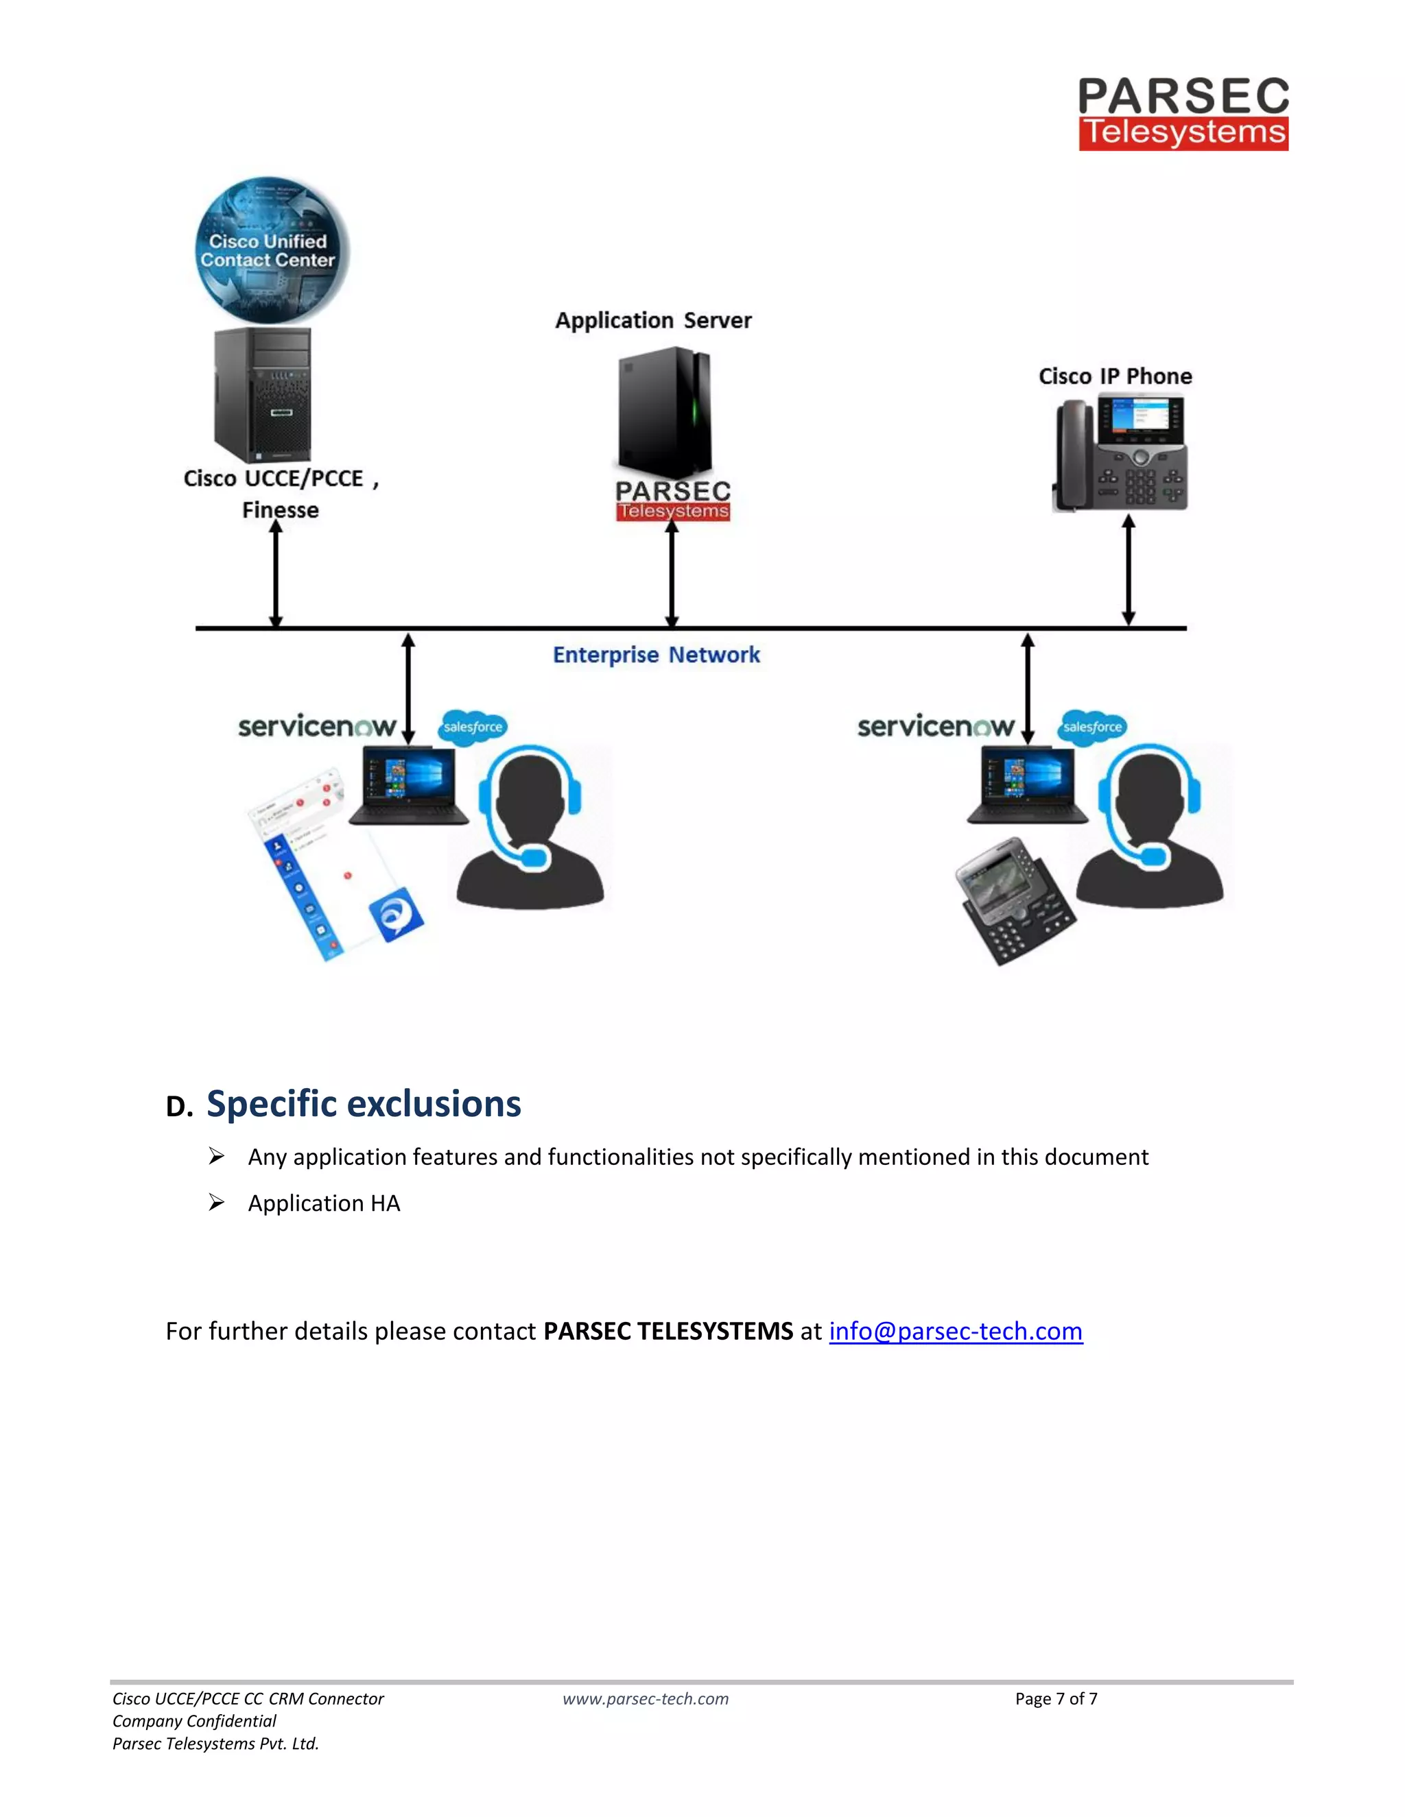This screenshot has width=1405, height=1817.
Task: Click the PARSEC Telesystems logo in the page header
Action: click(x=1183, y=114)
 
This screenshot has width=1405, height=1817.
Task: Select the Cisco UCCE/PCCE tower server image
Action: click(x=262, y=394)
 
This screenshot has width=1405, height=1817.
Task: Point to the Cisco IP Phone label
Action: click(x=1115, y=376)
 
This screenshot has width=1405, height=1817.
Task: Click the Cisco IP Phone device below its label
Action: click(x=1120, y=453)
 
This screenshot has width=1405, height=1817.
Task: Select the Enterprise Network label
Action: click(x=656, y=655)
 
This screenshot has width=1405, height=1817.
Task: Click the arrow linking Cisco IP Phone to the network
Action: click(x=1128, y=570)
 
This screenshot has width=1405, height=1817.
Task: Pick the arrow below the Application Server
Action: click(x=672, y=574)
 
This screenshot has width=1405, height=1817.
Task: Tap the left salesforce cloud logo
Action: click(x=473, y=726)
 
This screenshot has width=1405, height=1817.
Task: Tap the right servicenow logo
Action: click(x=936, y=726)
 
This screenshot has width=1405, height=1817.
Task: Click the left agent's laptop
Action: click(x=409, y=786)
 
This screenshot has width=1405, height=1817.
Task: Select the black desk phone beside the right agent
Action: click(x=1013, y=900)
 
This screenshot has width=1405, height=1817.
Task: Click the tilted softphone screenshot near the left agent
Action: click(x=333, y=865)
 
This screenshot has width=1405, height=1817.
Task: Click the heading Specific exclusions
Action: click(x=364, y=1104)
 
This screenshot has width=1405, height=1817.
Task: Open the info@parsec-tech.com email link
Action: click(x=956, y=1331)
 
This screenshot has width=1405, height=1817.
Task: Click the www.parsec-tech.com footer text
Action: click(x=645, y=1699)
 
